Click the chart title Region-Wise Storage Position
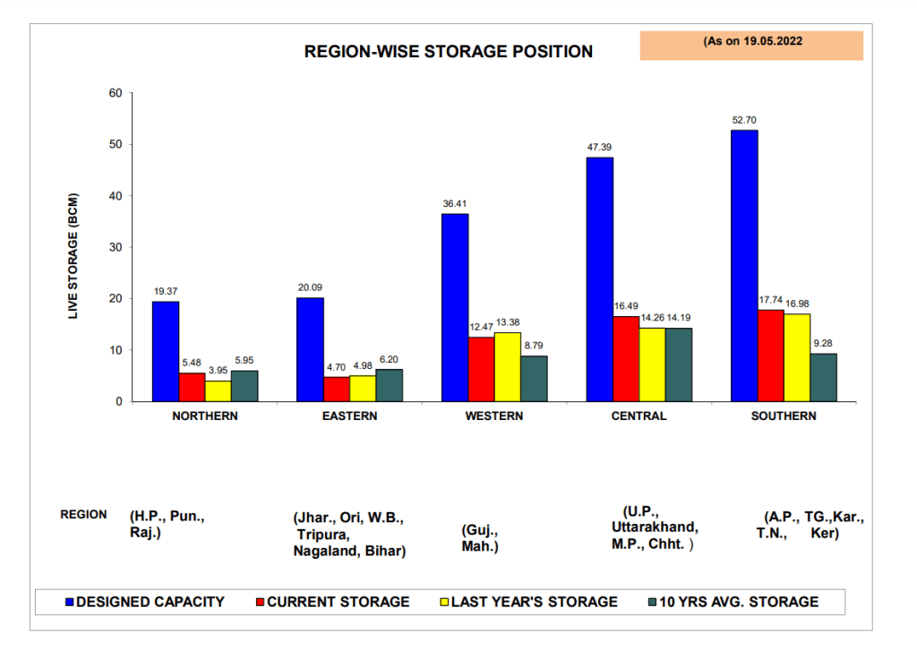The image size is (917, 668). (x=448, y=52)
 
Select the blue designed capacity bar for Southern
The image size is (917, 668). (x=744, y=265)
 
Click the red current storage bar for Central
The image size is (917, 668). (x=626, y=358)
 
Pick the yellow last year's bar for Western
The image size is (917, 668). (x=507, y=366)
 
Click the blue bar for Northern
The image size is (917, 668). (x=165, y=351)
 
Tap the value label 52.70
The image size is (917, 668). (x=744, y=119)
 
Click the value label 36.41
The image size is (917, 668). (x=455, y=203)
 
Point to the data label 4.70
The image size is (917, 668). (x=336, y=365)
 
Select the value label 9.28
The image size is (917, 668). (x=823, y=342)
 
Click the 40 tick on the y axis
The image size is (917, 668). (x=116, y=196)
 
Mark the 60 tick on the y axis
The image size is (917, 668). (x=116, y=93)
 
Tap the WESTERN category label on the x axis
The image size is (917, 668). (x=493, y=416)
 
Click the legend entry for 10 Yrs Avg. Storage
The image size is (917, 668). (x=738, y=602)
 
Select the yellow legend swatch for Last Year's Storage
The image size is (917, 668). (x=443, y=602)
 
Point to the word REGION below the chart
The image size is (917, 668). (x=83, y=515)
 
